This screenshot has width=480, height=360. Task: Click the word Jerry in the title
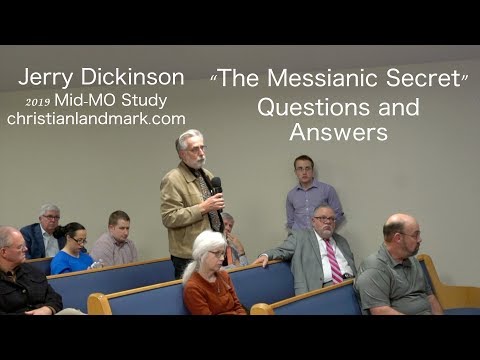[46, 78]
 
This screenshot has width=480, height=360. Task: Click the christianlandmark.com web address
[96, 118]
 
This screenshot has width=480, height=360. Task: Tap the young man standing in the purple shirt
[305, 195]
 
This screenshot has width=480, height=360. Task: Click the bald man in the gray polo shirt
[398, 270]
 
